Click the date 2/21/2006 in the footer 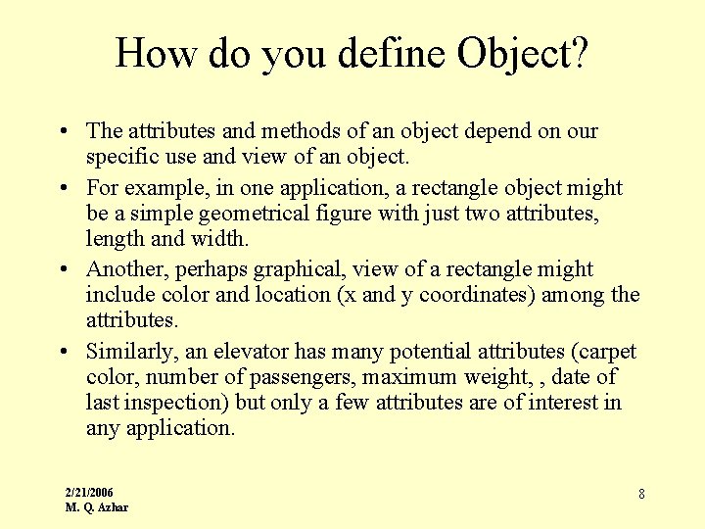pos(89,491)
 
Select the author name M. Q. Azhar pos(96,507)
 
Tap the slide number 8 pos(641,494)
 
